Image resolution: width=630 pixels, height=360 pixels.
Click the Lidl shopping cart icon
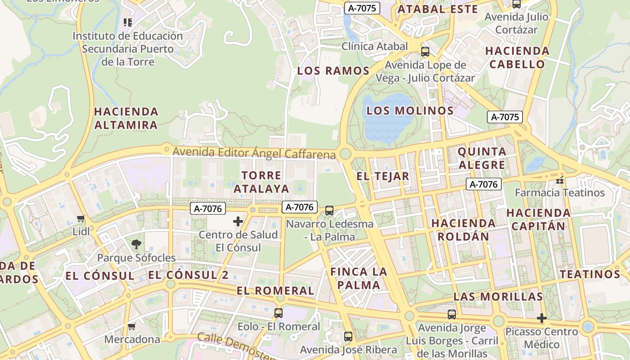(81, 219)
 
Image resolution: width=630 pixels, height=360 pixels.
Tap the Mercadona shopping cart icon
(132, 326)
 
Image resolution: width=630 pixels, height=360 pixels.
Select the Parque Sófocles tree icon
(136, 245)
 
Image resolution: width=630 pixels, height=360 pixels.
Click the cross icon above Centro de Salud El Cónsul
(238, 221)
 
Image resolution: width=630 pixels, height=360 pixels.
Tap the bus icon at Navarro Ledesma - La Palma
(329, 210)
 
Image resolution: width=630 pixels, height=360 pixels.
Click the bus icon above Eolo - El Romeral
(279, 313)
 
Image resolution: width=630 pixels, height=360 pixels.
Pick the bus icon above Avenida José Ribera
(348, 336)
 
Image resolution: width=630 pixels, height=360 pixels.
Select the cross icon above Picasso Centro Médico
(542, 319)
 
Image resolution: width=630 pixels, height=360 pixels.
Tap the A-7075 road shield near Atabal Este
(362, 8)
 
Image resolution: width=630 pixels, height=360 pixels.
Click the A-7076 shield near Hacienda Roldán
(484, 184)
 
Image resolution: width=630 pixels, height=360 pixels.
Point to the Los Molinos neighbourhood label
(409, 111)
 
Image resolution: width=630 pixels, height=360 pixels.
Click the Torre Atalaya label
(261, 182)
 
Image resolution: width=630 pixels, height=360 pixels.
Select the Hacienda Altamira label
(126, 118)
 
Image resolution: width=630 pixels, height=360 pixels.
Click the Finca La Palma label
(359, 278)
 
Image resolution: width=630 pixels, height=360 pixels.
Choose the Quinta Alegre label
(481, 158)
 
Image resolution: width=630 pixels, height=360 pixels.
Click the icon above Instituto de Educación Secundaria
(127, 22)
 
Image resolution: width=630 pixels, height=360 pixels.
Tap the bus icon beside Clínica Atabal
(425, 51)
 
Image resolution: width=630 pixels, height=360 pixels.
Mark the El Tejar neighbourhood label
(383, 176)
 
